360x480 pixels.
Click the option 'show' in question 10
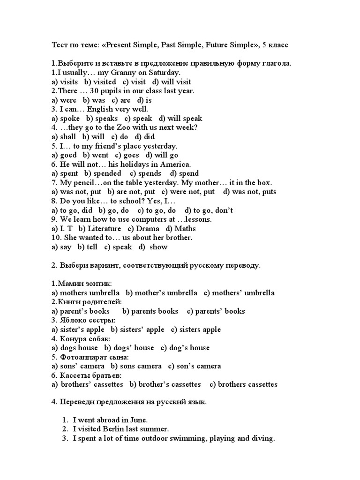click(x=158, y=247)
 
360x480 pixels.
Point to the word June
click(x=144, y=420)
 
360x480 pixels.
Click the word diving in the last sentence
click(x=262, y=439)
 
